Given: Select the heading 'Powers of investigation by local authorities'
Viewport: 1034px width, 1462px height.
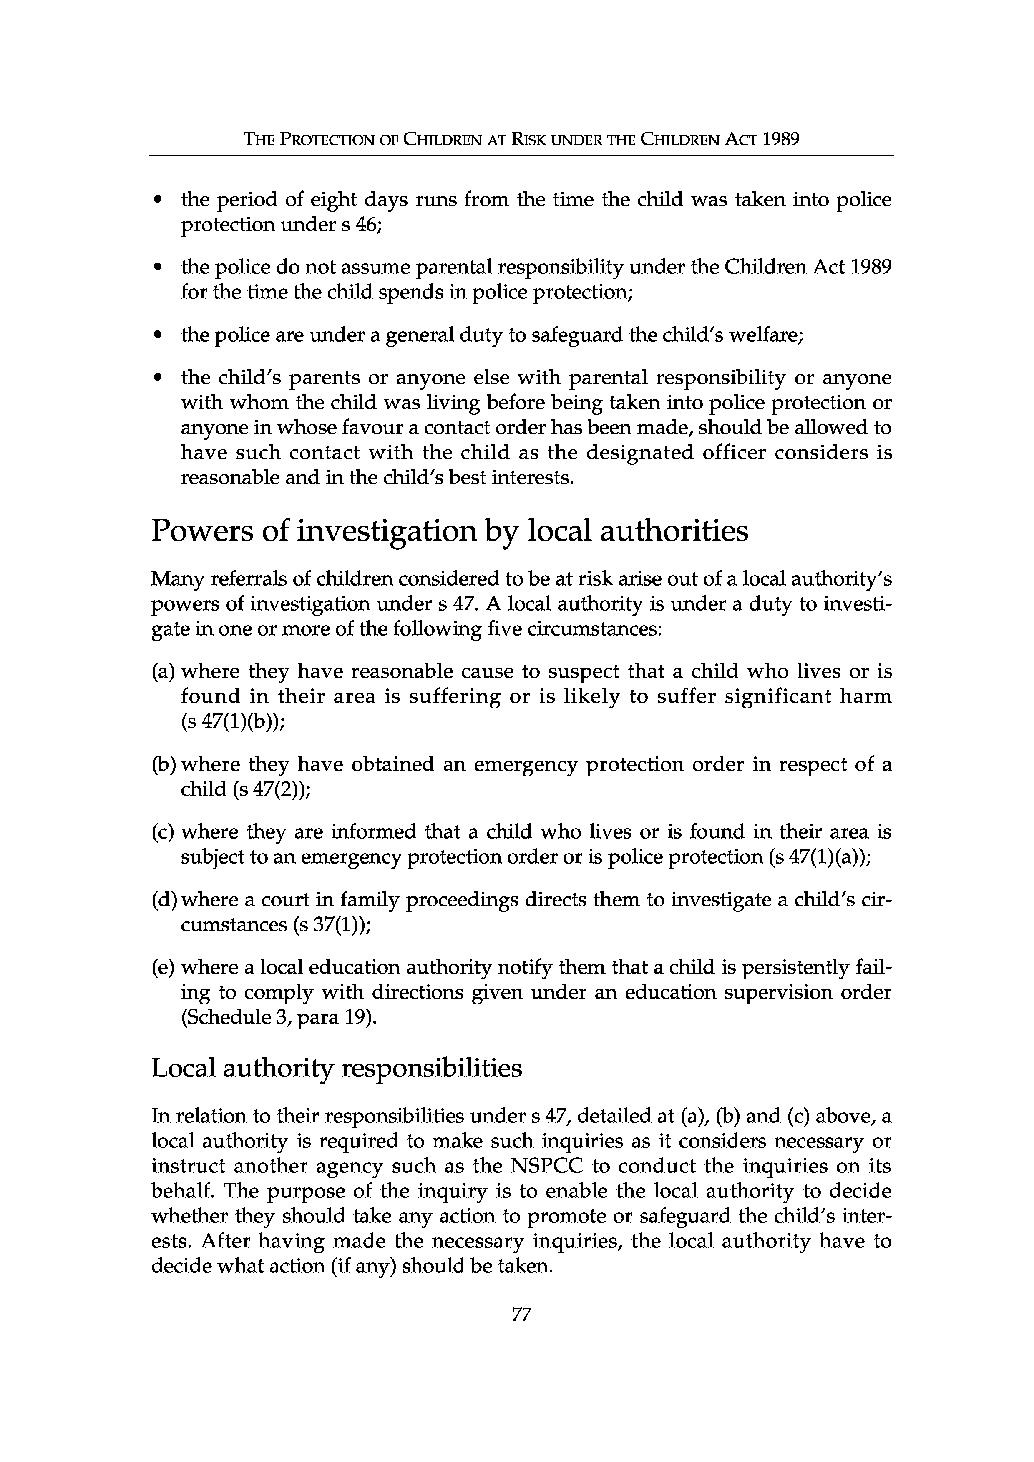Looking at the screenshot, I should pos(450,531).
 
